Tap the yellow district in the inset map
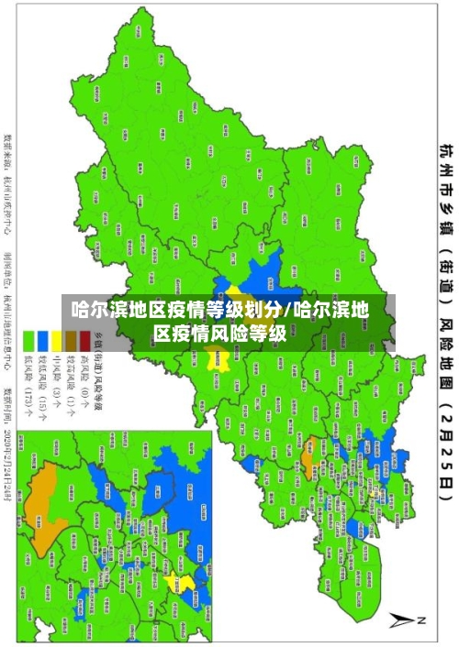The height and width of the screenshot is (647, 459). [187, 584]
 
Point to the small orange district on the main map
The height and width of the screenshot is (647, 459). [309, 424]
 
